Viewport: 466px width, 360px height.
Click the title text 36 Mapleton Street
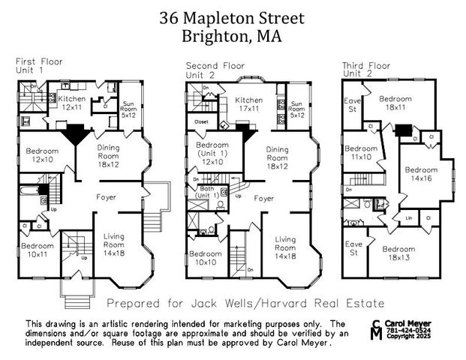click(233, 17)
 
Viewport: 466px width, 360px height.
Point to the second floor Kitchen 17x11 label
click(248, 105)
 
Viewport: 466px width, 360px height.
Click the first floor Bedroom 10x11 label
click(37, 250)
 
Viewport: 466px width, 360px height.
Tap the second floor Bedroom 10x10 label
click(205, 258)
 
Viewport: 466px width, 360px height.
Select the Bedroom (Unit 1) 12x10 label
click(215, 154)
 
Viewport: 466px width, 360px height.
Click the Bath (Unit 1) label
click(207, 191)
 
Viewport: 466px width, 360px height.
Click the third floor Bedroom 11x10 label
click(362, 153)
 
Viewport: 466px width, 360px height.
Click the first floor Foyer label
click(105, 198)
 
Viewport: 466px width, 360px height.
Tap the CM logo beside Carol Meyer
click(376, 328)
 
